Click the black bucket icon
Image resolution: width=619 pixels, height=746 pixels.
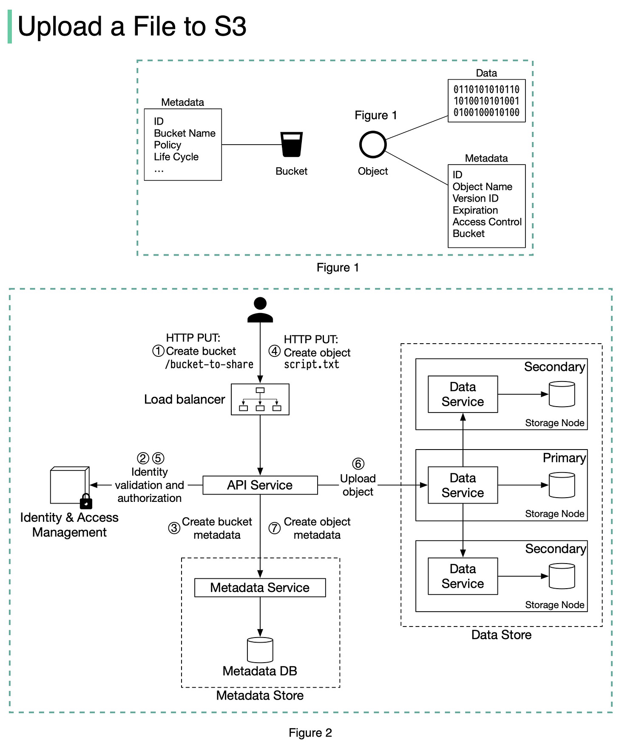point(292,145)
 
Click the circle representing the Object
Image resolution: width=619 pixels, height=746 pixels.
point(373,145)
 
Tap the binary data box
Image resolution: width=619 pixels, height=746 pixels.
point(486,101)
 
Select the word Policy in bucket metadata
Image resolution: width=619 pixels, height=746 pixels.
point(168,145)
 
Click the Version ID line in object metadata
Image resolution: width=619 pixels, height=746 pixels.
point(475,199)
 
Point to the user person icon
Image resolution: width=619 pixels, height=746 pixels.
point(260,310)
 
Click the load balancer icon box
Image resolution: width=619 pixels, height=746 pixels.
point(260,399)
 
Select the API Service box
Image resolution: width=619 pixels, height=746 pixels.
point(260,485)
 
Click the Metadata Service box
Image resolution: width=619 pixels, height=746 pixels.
point(260,588)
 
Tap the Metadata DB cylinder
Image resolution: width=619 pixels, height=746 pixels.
point(260,650)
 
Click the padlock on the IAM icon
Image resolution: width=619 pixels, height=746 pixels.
point(86,502)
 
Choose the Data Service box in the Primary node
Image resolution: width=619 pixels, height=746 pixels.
point(463,485)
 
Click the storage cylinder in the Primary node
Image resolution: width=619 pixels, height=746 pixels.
point(562,485)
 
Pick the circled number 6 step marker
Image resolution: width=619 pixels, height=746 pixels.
point(358,464)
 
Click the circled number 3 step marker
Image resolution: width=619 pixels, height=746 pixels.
point(174,528)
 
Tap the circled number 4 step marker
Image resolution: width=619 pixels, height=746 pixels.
point(275,351)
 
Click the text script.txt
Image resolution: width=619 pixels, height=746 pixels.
point(312,364)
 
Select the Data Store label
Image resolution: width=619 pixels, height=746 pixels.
point(501,635)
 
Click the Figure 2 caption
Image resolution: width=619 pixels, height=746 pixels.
point(310,733)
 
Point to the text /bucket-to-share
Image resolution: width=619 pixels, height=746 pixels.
point(209,364)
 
